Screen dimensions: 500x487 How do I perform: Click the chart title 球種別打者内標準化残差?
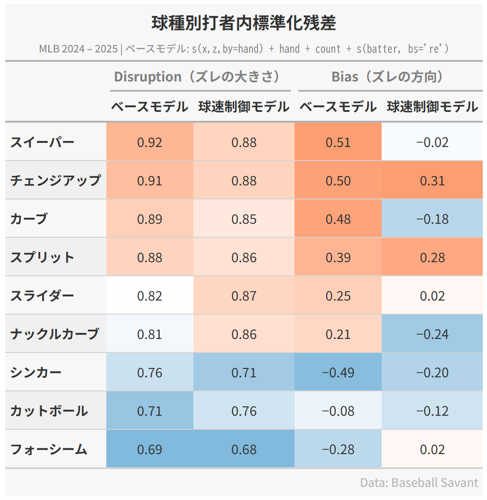coord(243,23)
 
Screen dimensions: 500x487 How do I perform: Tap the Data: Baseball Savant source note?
coord(419,483)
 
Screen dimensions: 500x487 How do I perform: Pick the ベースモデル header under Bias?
coord(338,107)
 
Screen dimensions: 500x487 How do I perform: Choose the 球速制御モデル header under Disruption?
coord(243,107)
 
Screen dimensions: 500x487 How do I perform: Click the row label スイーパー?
coord(42,142)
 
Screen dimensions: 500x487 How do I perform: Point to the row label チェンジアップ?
coord(55,180)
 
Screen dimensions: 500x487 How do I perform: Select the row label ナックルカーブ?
coord(55,334)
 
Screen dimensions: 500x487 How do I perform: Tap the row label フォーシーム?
coord(49,449)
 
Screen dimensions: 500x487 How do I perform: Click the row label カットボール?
coord(49,411)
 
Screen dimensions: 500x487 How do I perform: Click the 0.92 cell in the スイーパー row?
coord(149,142)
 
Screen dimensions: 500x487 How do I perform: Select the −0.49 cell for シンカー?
coord(338,373)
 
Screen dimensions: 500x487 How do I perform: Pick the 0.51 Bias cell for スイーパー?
coord(338,142)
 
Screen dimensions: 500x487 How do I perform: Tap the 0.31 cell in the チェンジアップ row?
coord(432,181)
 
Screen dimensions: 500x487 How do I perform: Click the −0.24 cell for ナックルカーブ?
coord(432,334)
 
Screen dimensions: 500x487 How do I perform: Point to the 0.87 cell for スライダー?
coord(243,296)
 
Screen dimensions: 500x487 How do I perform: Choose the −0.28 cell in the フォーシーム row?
coord(338,449)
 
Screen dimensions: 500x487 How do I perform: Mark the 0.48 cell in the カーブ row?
coord(338,219)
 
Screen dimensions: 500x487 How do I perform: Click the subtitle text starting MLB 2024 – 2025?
coord(243,49)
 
